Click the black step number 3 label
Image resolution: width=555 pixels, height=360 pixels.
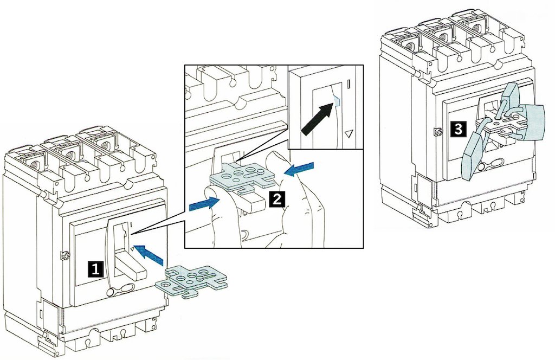458,130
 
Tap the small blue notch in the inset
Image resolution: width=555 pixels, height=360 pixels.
335,99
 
